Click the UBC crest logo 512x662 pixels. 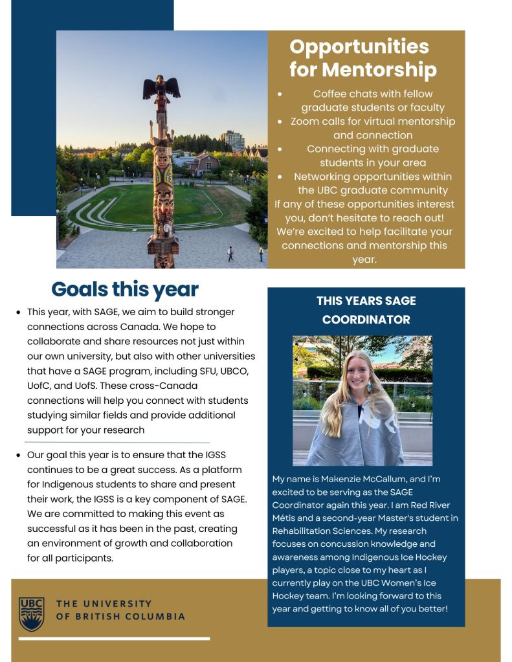click(x=32, y=613)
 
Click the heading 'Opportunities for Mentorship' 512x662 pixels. click(x=362, y=58)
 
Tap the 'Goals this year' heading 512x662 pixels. click(x=125, y=289)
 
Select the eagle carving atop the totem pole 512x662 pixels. click(x=161, y=87)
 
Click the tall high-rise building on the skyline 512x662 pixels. click(x=232, y=141)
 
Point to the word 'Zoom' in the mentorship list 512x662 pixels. click(x=305, y=121)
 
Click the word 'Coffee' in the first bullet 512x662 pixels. click(x=331, y=94)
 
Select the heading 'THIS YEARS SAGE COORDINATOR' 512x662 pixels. click(x=366, y=310)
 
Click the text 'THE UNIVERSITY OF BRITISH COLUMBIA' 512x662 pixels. click(x=120, y=610)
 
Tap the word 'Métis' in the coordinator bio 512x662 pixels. click(x=287, y=518)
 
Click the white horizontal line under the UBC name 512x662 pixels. click(x=114, y=639)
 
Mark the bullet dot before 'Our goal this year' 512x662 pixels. click(x=19, y=456)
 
